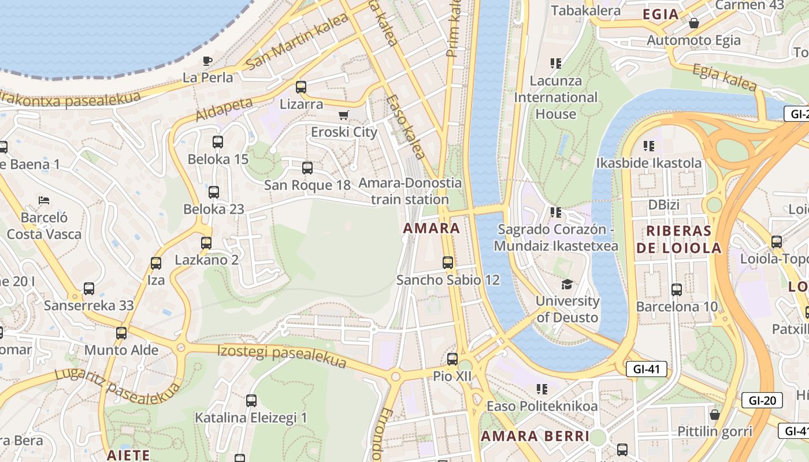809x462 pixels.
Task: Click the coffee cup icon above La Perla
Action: [x=207, y=61]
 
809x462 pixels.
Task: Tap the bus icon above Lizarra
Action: [x=301, y=87]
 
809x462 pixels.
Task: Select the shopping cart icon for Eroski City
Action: [x=344, y=115]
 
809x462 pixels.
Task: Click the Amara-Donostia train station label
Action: [x=410, y=191]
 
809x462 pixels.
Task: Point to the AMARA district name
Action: [x=432, y=228]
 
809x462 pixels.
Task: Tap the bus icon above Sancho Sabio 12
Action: [x=448, y=263]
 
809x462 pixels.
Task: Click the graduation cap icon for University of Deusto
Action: [x=567, y=284]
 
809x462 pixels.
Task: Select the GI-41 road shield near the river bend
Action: [x=647, y=369]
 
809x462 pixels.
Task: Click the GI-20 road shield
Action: [x=762, y=400]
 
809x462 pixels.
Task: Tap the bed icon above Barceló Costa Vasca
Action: [x=44, y=200]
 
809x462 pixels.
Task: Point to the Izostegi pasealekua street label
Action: [x=281, y=356]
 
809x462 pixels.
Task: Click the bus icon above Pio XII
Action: [x=452, y=359]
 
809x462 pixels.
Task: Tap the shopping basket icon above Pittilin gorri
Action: [x=715, y=414]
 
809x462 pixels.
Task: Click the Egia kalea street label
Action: [x=724, y=78]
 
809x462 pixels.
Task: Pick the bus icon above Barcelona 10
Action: [x=677, y=289]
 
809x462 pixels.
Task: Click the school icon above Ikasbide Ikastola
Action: [x=649, y=146]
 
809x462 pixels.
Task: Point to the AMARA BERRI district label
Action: [x=535, y=436]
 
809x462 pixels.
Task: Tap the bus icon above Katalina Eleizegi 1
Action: [x=251, y=400]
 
